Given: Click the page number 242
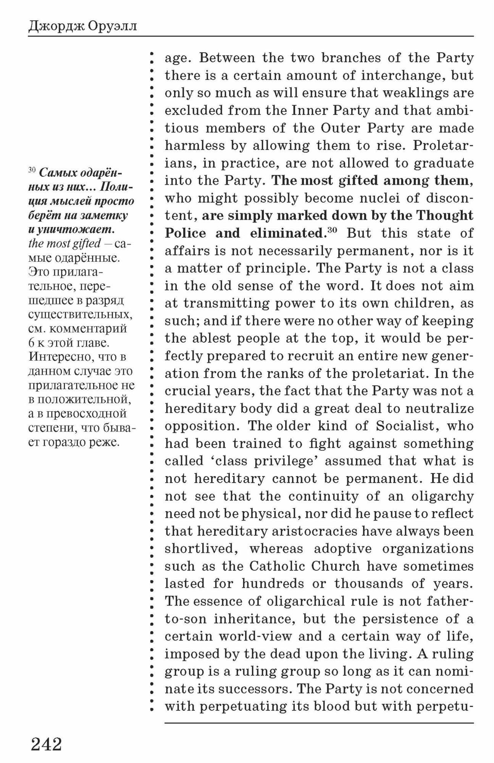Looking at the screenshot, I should pyautogui.click(x=46, y=744).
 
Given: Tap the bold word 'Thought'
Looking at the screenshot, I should pyautogui.click(x=444, y=216).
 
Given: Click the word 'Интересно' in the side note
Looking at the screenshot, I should pyautogui.click(x=61, y=357).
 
